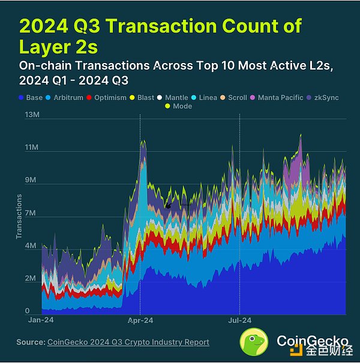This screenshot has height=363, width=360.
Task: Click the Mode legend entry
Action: (182, 106)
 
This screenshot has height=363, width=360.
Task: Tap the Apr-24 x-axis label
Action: (140, 321)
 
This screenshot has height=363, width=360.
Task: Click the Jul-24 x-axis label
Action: (239, 321)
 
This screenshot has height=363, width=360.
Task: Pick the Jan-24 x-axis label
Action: (41, 321)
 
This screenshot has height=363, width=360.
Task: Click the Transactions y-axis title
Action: (19, 216)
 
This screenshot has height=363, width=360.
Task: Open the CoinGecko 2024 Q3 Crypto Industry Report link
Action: (128, 342)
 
